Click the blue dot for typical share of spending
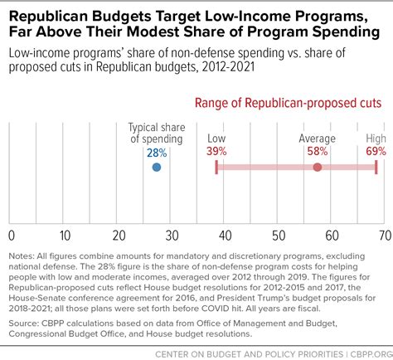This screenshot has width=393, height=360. pos(157,168)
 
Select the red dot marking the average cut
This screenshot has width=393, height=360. pos(318,168)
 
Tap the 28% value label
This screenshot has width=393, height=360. pos(157,153)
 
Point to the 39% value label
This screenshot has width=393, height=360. pos(216,151)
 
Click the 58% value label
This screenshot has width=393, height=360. pos(318,151)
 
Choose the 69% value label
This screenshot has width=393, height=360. pos(376,151)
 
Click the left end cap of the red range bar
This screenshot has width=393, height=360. pos(216,168)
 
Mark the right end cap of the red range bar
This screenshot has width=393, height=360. pos(376,168)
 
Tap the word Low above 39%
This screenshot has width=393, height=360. pos(216,139)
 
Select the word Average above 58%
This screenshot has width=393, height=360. pos(318,139)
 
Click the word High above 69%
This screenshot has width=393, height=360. pos(376,139)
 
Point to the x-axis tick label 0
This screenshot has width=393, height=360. pos(12,236)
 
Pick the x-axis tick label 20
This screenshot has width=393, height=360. pos(119,236)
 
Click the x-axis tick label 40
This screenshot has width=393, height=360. pos(226,236)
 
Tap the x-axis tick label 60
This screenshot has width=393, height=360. pos(332,236)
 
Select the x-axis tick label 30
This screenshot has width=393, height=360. pos(172,236)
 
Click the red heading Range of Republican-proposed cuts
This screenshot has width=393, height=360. pos(289,103)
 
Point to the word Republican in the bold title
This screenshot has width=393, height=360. pos(48,17)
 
